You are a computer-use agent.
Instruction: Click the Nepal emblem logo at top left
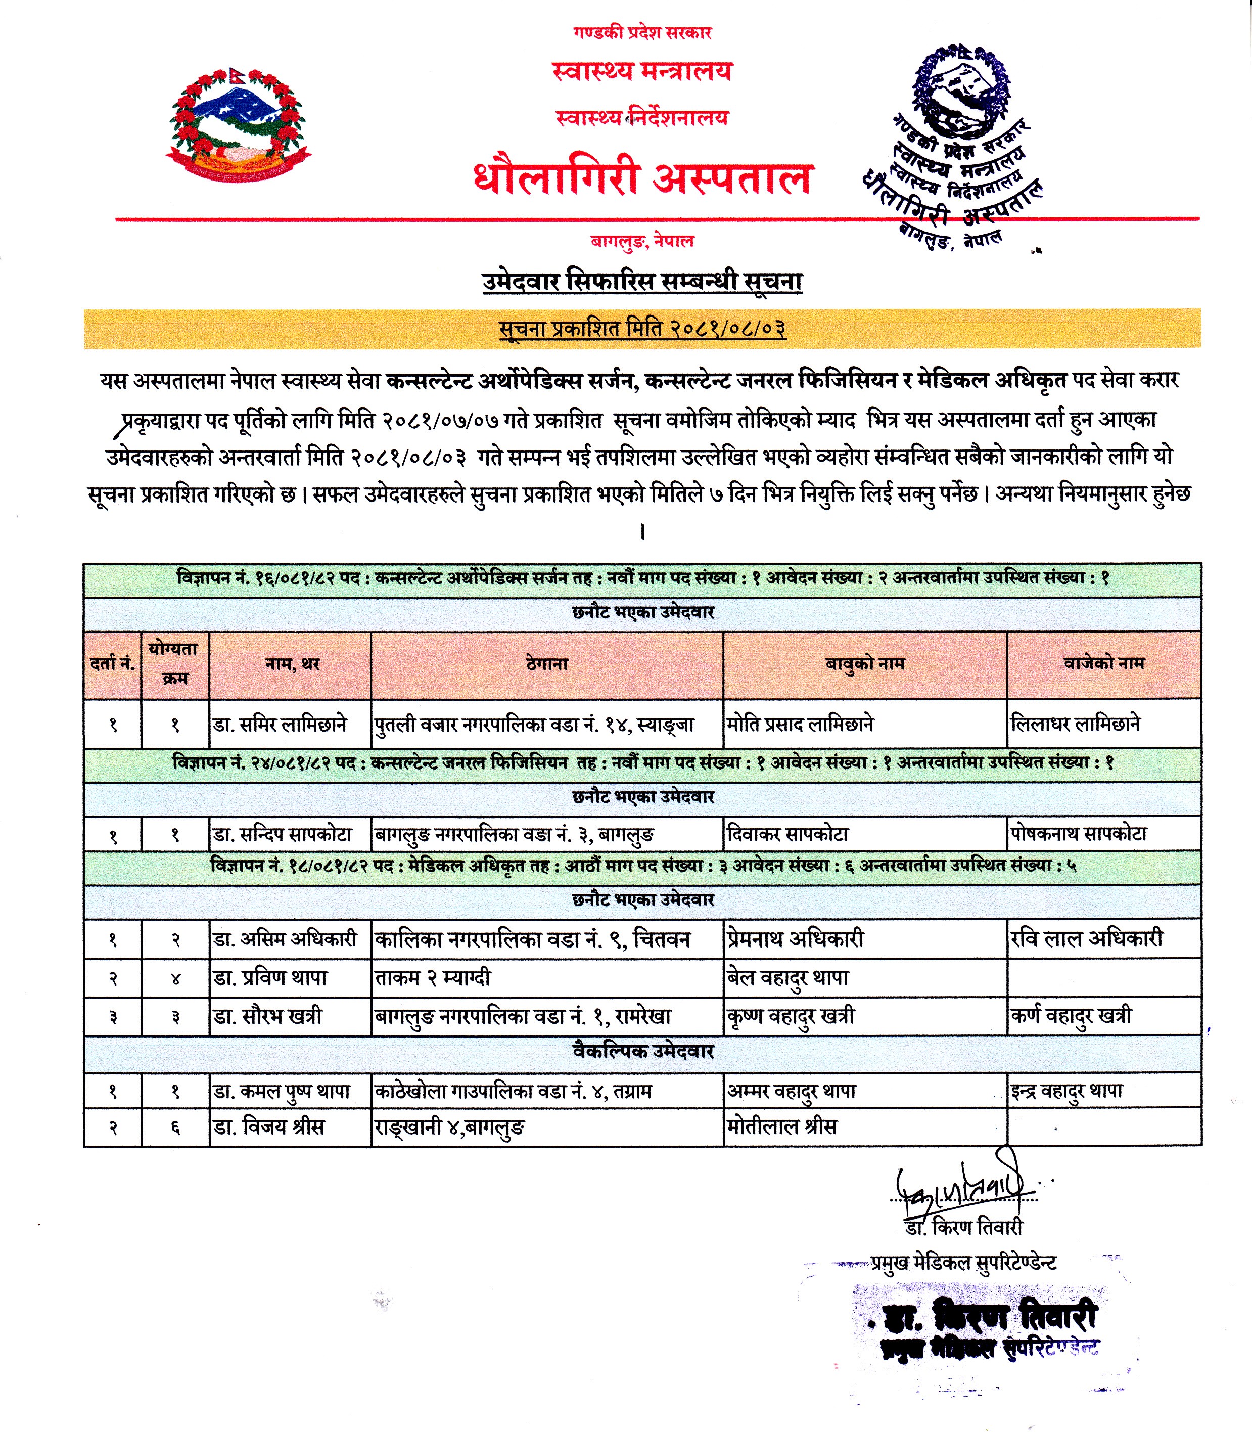point(238,125)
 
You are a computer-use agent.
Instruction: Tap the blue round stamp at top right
point(961,91)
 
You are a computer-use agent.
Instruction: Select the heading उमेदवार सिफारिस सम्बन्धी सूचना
point(642,281)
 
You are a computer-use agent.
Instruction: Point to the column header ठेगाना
point(547,664)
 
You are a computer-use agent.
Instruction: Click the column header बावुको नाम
point(865,664)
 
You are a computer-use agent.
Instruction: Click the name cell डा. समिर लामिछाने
point(280,725)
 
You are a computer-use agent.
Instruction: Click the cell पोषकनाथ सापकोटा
point(1078,834)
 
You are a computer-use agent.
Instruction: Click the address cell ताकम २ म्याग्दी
point(433,978)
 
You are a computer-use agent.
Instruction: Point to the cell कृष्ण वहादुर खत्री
point(791,1017)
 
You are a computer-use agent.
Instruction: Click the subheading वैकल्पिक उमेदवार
point(643,1052)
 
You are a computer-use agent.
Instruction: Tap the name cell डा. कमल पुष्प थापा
point(282,1092)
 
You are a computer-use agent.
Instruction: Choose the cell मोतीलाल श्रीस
point(782,1127)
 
